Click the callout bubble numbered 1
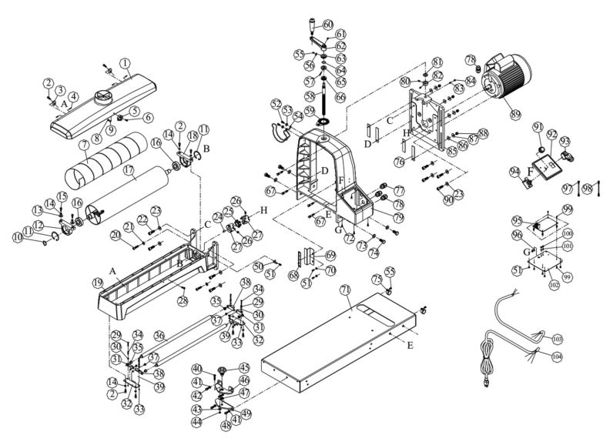126,62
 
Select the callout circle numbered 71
345,289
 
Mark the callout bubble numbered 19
98,283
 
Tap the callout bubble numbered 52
276,103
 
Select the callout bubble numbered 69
331,255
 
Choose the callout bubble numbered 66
340,97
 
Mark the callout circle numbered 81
437,62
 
